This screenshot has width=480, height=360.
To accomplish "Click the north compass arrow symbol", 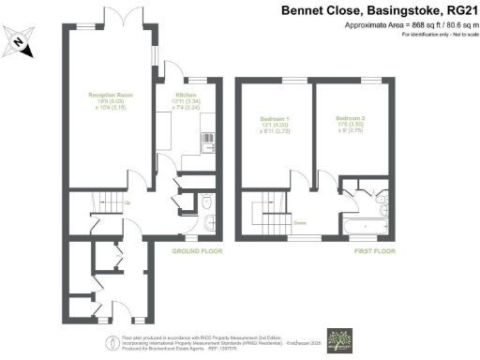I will tap(20, 41).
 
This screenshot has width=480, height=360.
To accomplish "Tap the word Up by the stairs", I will tap(128, 202).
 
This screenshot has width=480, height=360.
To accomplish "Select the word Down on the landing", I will tap(300, 222).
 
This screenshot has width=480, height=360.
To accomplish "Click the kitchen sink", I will tap(206, 142).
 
